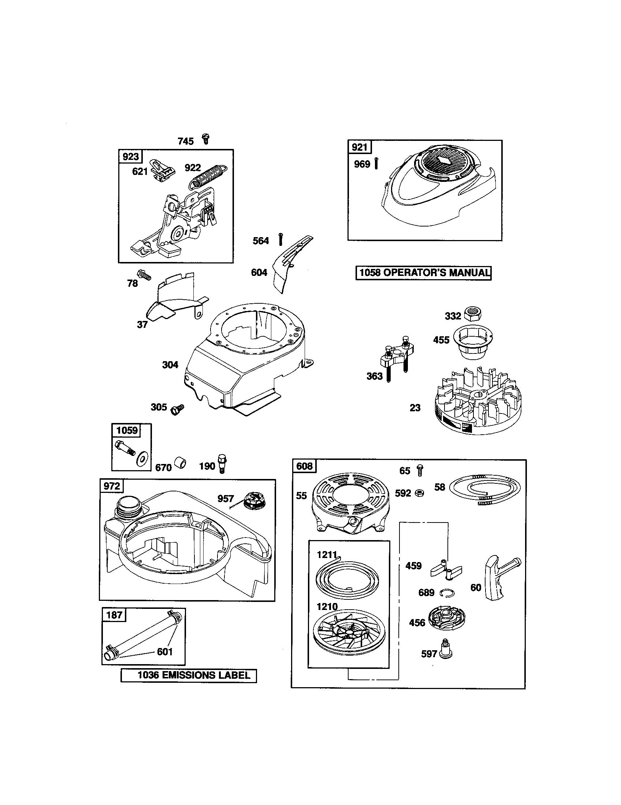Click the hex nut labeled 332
point(473,314)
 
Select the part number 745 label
point(186,141)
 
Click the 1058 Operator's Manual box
point(423,273)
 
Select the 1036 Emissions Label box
point(189,675)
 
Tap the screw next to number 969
point(376,163)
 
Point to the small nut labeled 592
point(420,493)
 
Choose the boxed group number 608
point(304,466)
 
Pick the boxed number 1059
point(126,431)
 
